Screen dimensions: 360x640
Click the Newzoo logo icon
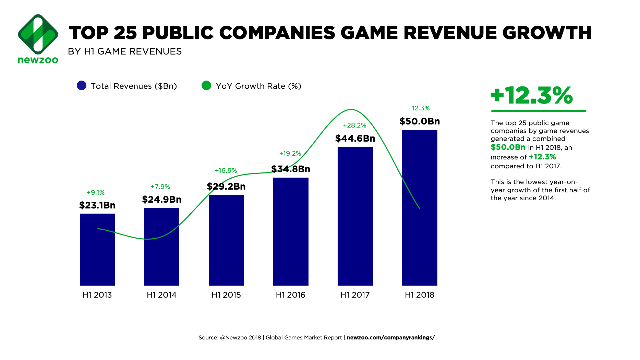(38, 34)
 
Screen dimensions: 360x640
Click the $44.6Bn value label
(355, 139)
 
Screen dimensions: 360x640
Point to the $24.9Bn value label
(162, 200)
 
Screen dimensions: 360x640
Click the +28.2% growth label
(354, 125)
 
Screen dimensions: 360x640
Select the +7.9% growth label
(160, 187)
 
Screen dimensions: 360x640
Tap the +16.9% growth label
(226, 171)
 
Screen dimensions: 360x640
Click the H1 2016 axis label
(291, 295)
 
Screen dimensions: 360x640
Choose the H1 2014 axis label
(161, 295)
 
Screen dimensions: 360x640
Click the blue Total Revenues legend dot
(82, 86)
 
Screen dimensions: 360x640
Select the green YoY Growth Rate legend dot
(206, 86)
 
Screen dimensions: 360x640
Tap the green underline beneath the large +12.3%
(539, 111)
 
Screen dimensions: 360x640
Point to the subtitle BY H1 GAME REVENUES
(125, 51)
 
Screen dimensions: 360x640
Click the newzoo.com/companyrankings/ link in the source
(391, 338)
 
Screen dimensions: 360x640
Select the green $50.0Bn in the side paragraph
(508, 147)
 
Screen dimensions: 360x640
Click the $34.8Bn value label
(291, 169)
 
